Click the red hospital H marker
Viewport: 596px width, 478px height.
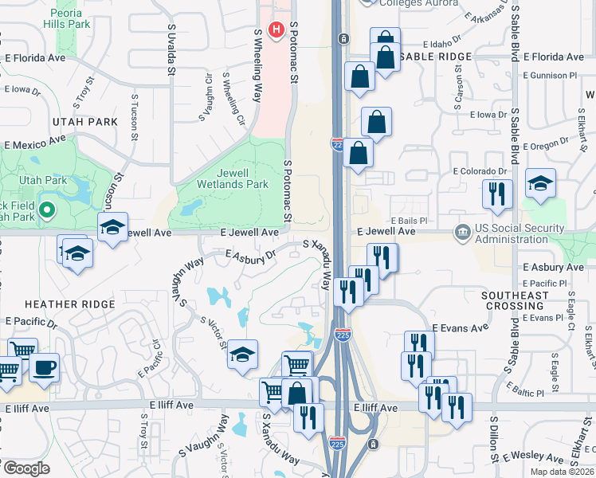[276, 30]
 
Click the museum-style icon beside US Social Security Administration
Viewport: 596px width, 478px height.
[462, 232]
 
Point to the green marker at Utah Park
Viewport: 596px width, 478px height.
[46, 211]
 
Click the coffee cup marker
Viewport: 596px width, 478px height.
[45, 368]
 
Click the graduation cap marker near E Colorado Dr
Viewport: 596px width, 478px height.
[540, 185]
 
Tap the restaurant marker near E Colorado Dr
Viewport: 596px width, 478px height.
[497, 194]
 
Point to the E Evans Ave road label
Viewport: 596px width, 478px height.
[460, 327]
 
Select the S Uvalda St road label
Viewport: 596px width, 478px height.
[171, 49]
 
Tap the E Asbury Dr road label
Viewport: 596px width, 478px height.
[250, 256]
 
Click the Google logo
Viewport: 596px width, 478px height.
[26, 468]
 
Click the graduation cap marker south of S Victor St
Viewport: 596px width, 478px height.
[242, 355]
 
